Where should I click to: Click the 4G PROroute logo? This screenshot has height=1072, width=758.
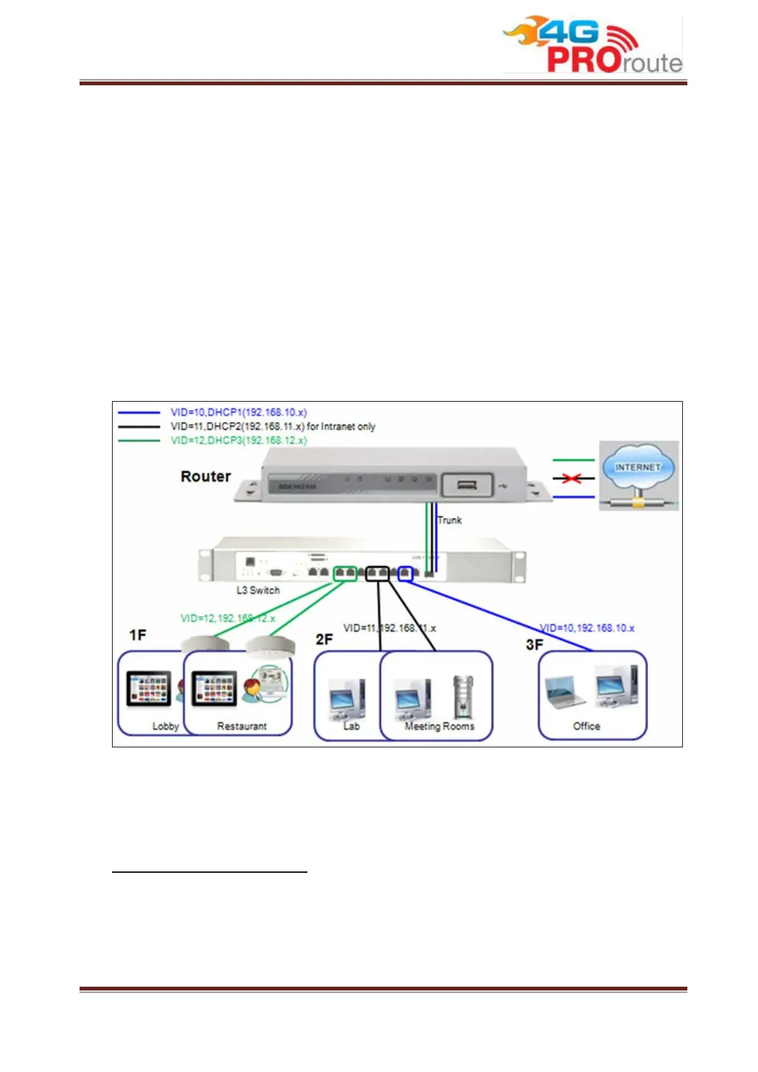click(x=592, y=45)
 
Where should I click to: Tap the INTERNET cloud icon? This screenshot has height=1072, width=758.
click(x=638, y=468)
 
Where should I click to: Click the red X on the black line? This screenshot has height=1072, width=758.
click(x=572, y=478)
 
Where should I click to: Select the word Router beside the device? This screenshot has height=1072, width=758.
click(x=206, y=477)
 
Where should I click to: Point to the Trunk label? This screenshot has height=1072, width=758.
click(x=449, y=520)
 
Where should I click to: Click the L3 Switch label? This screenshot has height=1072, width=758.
click(x=258, y=590)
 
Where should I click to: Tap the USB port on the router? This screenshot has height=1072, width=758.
click(x=467, y=486)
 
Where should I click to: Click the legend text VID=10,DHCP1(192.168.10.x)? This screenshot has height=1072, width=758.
click(x=239, y=413)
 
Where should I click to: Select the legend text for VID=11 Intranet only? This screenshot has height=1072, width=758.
click(x=272, y=427)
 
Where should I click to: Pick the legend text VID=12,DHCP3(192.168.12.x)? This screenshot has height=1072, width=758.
click(x=239, y=441)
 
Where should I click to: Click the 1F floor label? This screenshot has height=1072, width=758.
click(x=137, y=635)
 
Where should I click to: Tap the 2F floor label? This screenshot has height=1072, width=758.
click(x=324, y=639)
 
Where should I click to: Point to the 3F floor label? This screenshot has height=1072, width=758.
click(x=534, y=645)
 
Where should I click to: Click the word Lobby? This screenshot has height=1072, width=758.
click(x=165, y=726)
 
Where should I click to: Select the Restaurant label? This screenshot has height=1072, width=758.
click(x=242, y=726)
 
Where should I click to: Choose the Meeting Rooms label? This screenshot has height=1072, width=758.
click(x=440, y=726)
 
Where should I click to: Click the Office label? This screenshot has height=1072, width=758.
click(x=586, y=726)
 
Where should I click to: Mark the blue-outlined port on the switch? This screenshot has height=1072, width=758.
click(x=405, y=574)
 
